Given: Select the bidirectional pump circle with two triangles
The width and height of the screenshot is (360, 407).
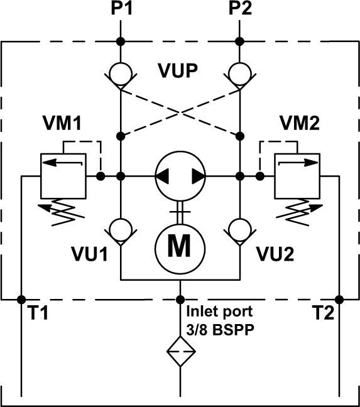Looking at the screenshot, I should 180,176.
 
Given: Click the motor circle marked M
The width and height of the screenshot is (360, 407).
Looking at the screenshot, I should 180,246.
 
